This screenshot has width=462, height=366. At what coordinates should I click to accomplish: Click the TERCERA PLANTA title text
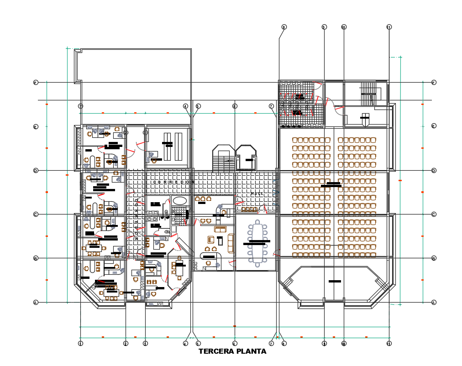pos(232,351)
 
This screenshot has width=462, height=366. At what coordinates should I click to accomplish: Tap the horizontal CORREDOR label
pos(173,182)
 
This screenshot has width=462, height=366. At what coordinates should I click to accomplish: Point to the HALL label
pos(257,194)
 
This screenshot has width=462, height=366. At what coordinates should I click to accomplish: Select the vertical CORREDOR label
pos(136,219)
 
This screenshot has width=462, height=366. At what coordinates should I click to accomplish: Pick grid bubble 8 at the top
pos(283,27)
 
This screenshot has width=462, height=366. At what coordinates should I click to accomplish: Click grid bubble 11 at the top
pos(389,27)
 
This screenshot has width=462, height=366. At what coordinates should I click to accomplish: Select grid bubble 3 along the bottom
pos(145,343)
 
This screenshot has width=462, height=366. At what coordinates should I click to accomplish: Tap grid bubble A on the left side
pos(36,302)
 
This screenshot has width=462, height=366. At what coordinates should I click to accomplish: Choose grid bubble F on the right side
pos(434,83)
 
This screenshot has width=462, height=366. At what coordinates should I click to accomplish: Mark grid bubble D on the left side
pos(36,171)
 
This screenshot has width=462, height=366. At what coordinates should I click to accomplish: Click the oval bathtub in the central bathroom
pos(180,200)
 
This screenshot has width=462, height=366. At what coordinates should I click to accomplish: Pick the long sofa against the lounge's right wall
pos(231,243)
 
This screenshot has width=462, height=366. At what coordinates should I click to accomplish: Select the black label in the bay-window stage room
pos(335,281)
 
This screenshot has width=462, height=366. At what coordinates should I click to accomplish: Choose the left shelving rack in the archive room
pos(168,146)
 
